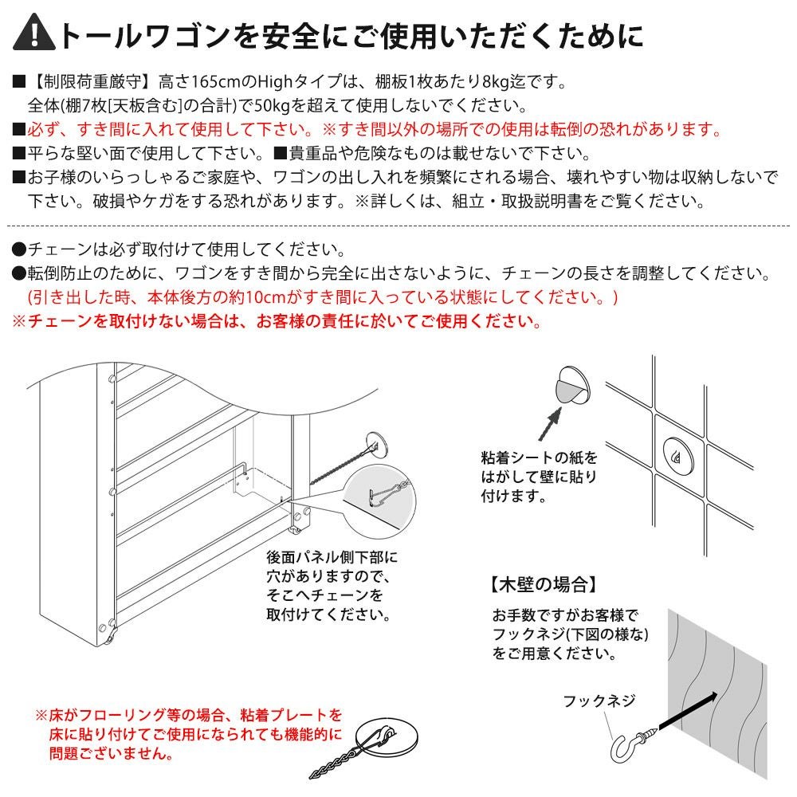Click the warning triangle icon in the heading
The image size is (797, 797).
34,34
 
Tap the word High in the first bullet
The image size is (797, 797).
275,81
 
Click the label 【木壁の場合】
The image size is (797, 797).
542,585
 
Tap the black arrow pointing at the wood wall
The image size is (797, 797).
689,711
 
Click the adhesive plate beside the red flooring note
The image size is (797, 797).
387,737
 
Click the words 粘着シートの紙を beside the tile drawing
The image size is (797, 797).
540,457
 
